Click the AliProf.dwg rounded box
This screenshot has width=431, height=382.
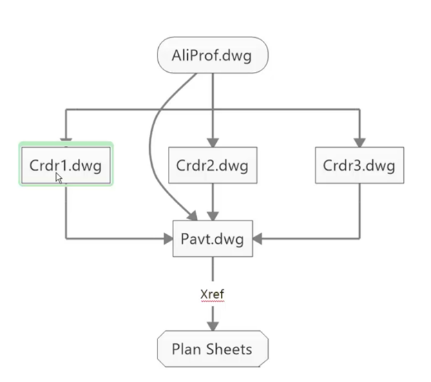pos(212,55)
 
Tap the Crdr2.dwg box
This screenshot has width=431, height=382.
pos(213,166)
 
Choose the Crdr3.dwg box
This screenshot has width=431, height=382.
pos(359,166)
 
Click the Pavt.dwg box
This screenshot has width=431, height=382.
pos(213,238)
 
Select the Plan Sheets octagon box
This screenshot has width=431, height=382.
pos(212,349)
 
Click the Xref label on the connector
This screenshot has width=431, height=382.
pos(212,294)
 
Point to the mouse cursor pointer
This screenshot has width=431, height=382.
pos(59,178)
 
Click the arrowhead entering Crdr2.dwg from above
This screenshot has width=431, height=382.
pos(213,141)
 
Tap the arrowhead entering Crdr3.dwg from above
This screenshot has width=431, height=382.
pos(359,141)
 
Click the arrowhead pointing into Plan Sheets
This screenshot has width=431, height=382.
pos(212,324)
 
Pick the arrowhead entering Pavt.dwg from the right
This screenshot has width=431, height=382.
pos(258,239)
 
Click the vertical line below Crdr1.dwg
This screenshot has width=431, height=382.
pos(66,211)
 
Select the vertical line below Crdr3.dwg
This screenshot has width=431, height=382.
pos(359,211)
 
